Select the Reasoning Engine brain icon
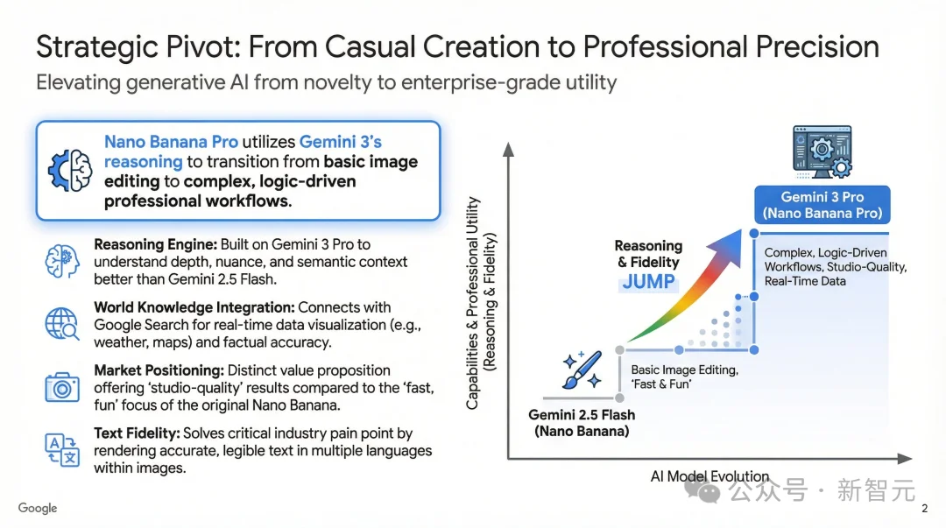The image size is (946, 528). pos(61,261)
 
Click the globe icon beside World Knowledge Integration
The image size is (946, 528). pos(61,324)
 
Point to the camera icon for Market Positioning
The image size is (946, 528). pos(61,386)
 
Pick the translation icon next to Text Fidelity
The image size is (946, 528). pos(61,449)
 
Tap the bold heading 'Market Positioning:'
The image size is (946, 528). pos(163,370)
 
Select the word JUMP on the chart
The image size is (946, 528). pos(648,282)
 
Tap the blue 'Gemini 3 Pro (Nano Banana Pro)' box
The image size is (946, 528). pos(822,205)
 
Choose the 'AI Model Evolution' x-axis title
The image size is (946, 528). pos(709,476)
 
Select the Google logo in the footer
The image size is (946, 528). pos(38,508)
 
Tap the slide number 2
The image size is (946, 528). pos(925,509)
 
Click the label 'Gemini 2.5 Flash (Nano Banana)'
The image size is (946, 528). pos(582,422)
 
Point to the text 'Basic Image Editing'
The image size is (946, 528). pos(683,370)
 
